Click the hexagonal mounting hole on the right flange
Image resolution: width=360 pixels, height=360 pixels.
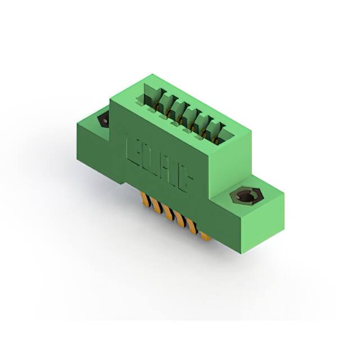(x=246, y=196)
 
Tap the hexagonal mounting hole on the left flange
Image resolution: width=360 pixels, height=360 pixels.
(x=103, y=120)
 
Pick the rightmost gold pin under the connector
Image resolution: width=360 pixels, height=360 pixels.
(x=205, y=235)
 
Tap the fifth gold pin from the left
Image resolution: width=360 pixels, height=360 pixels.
(x=193, y=228)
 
